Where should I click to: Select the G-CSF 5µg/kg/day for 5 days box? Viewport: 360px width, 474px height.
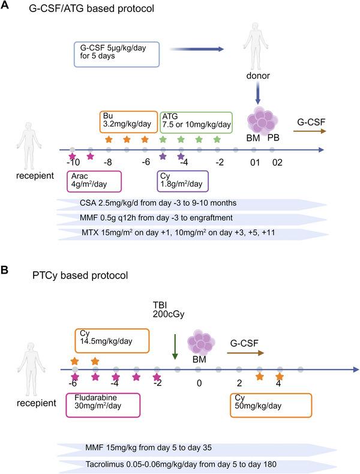115,53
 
